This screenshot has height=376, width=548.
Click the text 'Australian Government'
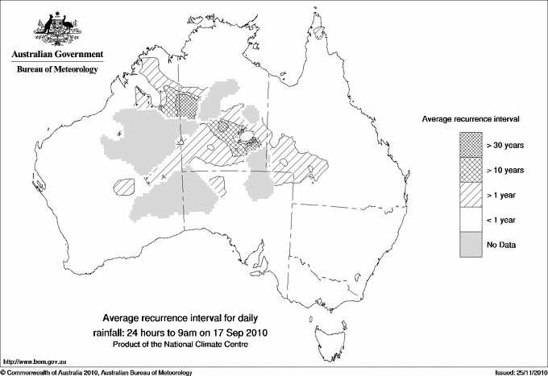click(x=56, y=55)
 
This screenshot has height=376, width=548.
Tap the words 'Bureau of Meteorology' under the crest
click(x=56, y=70)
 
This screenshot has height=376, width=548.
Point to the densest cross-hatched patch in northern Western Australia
click(x=187, y=103)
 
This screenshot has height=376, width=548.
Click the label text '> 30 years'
click(x=505, y=146)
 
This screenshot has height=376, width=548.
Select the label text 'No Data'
click(x=501, y=244)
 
